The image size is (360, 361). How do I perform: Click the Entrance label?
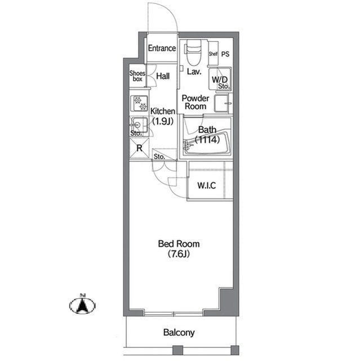pos(162,48)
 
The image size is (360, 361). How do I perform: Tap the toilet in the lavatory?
pos(193,52)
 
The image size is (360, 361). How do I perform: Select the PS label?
pos(225,54)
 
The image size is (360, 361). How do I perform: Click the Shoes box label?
pos(137,76)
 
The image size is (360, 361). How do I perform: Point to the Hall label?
pos(163,76)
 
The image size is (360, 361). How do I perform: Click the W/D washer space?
pos(220,80)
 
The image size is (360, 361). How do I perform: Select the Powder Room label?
pos(195,102)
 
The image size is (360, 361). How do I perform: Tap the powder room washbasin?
pos(223,104)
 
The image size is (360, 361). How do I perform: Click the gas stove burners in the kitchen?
pos(139,103)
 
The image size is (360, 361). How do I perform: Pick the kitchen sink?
pos(139,125)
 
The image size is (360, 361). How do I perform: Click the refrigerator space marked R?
pos(139,148)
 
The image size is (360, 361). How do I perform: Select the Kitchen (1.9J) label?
pos(163,116)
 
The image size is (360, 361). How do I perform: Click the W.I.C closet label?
pos(207,186)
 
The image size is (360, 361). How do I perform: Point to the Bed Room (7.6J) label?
pos(179,249)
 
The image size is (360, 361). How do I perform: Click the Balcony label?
pos(179,332)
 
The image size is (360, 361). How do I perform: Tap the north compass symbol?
pos(82,305)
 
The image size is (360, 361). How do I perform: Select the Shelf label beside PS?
pos(213,54)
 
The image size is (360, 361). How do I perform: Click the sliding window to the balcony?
pos(174,314)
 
